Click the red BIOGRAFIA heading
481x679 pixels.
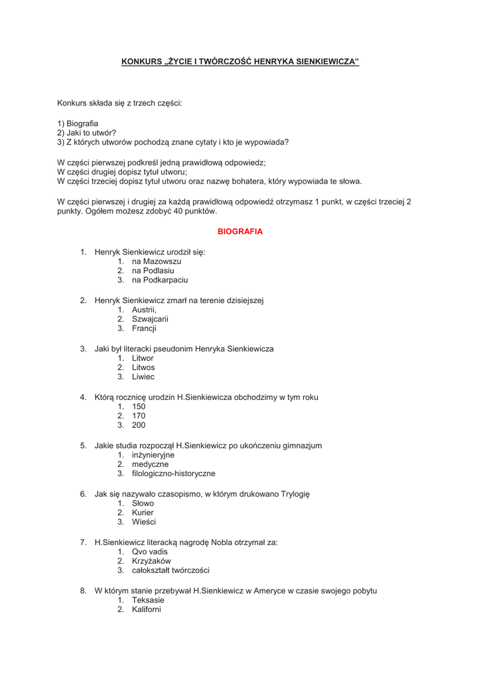[x=240, y=231]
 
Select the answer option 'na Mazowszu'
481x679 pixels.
[x=157, y=261]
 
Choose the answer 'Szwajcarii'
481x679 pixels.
[x=150, y=319]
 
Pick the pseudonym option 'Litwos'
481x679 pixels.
[x=143, y=367]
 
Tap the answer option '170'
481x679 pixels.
[x=139, y=416]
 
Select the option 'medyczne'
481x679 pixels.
[x=150, y=464]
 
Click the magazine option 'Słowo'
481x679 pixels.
[x=143, y=503]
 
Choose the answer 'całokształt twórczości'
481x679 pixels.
[x=171, y=570]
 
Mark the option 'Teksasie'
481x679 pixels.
[x=148, y=600]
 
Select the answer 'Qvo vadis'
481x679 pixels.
[x=150, y=552]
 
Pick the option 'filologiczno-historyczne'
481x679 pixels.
[x=174, y=473]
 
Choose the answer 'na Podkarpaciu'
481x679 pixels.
[x=160, y=280]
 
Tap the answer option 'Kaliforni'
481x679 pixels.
[x=147, y=609]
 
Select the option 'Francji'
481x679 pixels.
[x=144, y=328]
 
